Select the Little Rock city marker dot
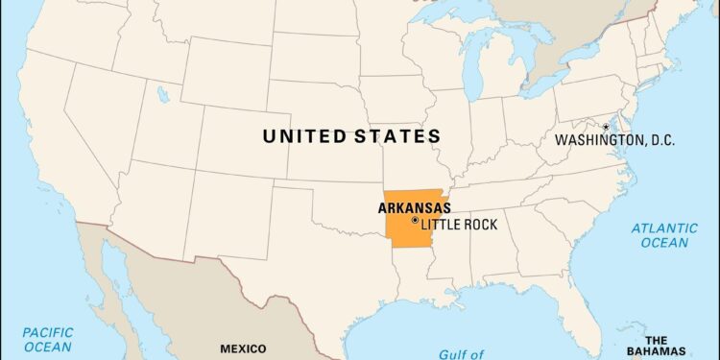click(x=414, y=221)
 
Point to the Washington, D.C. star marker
click(x=606, y=127)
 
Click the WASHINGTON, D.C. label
click(x=614, y=140)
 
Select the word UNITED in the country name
click(x=310, y=136)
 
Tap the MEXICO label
click(x=244, y=348)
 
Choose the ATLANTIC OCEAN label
click(x=665, y=235)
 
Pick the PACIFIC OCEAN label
click(x=48, y=338)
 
